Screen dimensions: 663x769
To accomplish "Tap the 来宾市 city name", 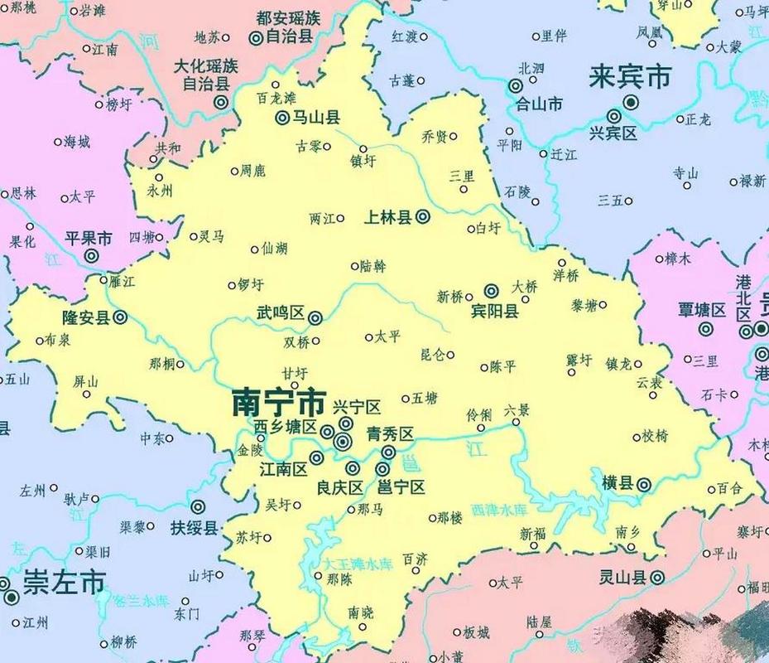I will click(x=628, y=78).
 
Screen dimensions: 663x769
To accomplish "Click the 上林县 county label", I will click(x=388, y=217).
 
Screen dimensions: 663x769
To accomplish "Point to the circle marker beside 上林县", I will click(x=422, y=217).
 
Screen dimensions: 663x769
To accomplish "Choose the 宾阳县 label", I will click(x=494, y=312).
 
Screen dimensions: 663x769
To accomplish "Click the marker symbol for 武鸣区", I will click(x=315, y=317).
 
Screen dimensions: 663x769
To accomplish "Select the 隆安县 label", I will click(x=85, y=317).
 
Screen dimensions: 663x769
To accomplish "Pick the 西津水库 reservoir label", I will click(x=498, y=508).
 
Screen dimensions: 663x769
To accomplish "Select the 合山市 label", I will click(x=539, y=104).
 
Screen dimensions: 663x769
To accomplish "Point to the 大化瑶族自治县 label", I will click(x=205, y=73).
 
